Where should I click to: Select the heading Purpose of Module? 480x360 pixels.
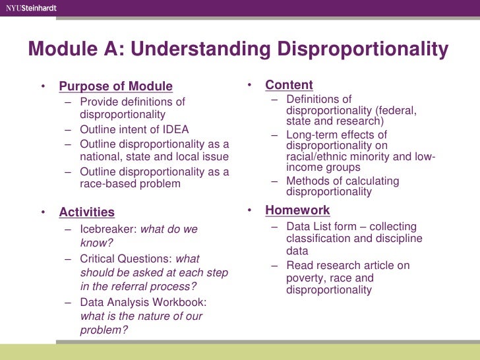coord(115,86)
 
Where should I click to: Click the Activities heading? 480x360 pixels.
coord(86,212)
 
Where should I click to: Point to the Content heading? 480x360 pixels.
coord(289,85)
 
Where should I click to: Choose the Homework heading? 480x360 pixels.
coord(297,210)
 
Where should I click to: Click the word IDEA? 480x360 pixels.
coord(174,130)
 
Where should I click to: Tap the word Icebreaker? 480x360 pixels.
coord(107,229)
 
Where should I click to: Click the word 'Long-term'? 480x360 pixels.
coord(312,135)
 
